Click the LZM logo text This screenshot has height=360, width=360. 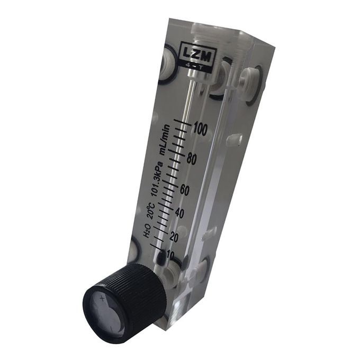[199, 56]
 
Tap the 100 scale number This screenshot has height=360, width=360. [201, 129]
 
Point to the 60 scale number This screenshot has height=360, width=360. [184, 190]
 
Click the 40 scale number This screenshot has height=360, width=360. [179, 213]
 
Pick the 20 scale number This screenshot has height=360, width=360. [174, 237]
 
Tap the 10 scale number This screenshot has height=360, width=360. [170, 254]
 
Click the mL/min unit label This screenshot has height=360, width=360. [165, 140]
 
